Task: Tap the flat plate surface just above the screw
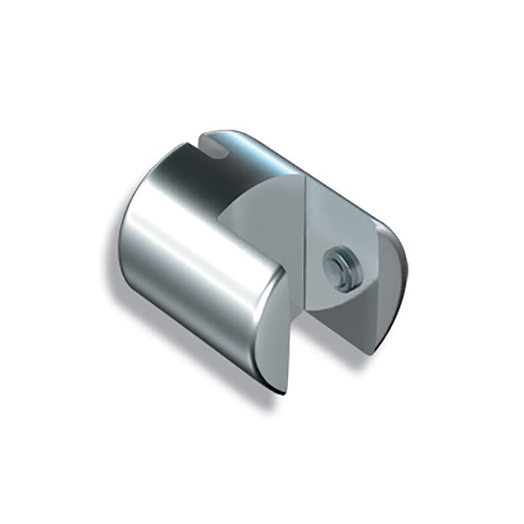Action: [337, 223]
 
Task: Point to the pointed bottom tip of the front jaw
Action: [284, 391]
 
